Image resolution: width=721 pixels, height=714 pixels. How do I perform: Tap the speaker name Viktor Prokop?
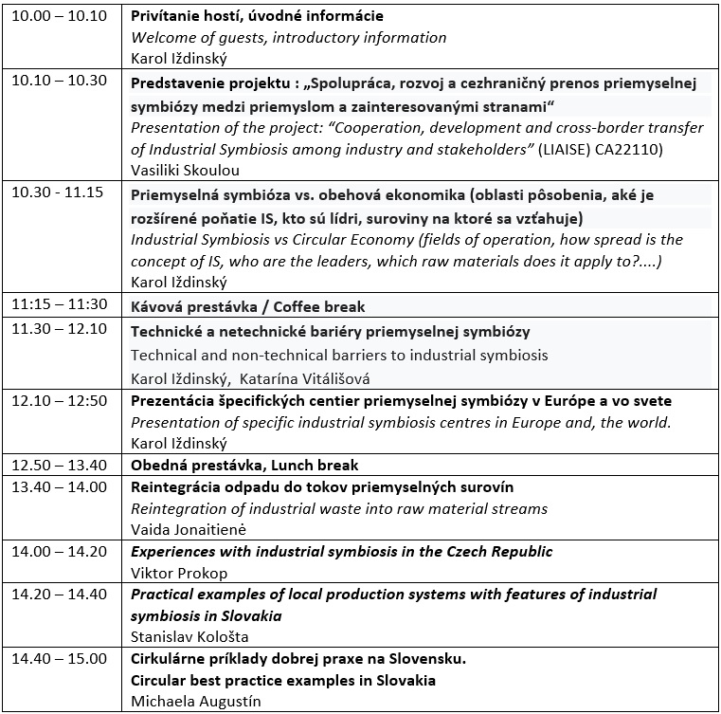(173, 572)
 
